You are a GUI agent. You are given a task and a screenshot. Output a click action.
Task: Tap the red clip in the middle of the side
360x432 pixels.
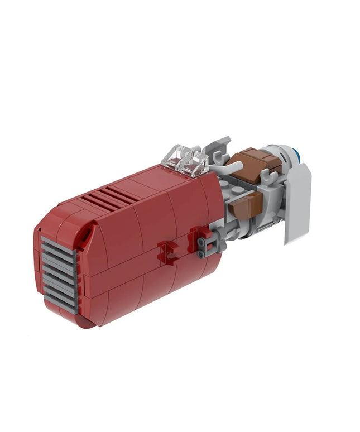point(168,253)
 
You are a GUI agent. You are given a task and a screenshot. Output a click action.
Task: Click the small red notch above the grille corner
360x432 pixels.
point(82,240)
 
